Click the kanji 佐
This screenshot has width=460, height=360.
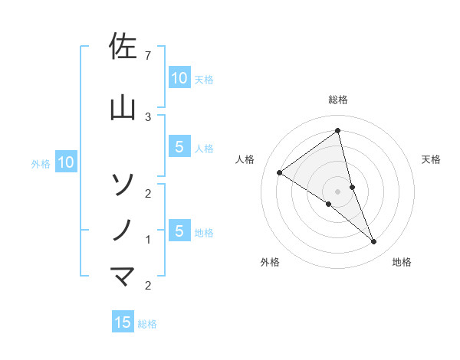click(123, 47)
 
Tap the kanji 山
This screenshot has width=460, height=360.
click(123, 108)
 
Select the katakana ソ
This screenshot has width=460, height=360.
click(123, 184)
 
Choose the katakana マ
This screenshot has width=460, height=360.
click(123, 276)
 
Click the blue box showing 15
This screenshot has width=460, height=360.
click(123, 322)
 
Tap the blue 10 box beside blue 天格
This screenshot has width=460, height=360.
click(179, 77)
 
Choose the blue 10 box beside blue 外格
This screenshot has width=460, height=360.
click(66, 162)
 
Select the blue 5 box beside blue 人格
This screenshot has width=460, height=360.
click(179, 147)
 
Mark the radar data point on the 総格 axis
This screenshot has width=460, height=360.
click(337, 131)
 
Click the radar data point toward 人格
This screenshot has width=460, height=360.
click(280, 172)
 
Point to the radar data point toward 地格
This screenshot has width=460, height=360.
click(374, 242)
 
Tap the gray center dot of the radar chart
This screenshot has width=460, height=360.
click(337, 191)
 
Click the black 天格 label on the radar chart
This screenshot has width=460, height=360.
click(432, 159)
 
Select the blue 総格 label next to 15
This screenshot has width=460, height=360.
click(147, 324)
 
